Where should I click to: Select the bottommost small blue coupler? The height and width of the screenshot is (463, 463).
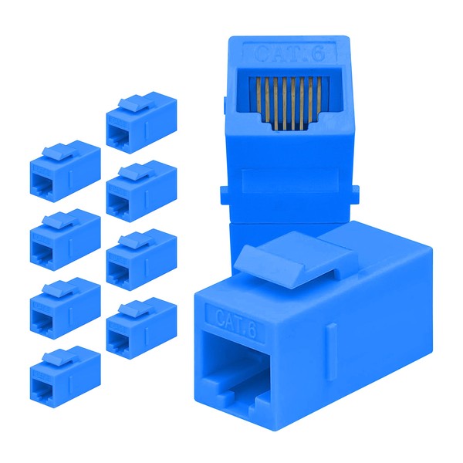click(65, 376)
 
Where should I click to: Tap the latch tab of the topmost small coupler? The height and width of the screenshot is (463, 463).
click(138, 103)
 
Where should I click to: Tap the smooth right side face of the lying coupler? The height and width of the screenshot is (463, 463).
click(386, 340)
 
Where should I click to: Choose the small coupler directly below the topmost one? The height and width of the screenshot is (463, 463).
click(140, 190)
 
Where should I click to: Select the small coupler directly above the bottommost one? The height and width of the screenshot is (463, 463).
click(65, 307)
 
